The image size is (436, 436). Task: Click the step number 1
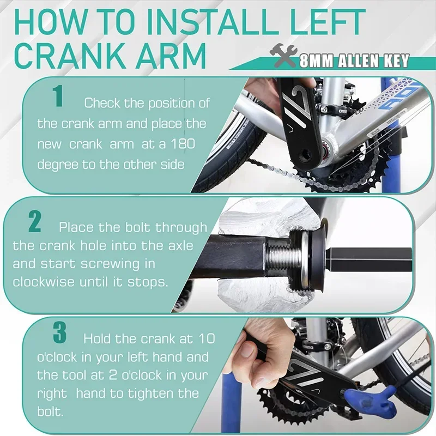point(58,98)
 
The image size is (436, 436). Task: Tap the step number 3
point(59,334)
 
